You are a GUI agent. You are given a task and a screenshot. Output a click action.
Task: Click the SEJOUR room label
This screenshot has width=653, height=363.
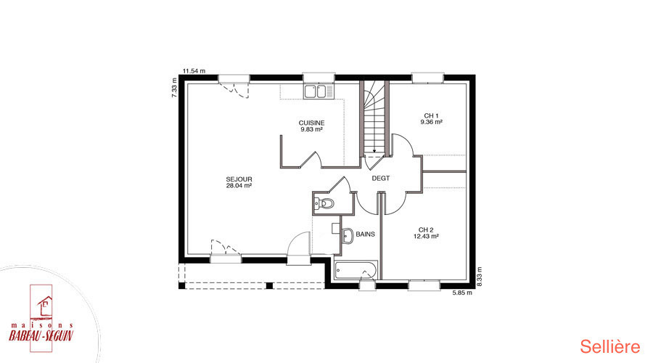coord(239,179)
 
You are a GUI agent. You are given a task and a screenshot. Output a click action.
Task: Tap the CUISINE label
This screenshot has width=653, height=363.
coord(311,123)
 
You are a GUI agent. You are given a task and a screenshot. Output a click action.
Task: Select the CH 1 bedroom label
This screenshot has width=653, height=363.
coord(432,116)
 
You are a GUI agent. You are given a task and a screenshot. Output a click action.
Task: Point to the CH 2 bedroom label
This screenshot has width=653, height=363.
coord(426,229)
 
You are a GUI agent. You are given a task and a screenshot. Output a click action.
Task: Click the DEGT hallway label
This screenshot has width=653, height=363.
coord(381,178)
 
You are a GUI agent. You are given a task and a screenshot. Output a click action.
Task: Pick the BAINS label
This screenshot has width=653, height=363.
coord(365,234)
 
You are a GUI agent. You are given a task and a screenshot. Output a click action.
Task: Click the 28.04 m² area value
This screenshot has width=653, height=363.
coord(239,186)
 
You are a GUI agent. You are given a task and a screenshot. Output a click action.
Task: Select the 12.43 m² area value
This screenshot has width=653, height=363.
coord(426,236)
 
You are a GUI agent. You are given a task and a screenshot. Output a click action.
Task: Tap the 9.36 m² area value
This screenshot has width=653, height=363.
coord(432,122)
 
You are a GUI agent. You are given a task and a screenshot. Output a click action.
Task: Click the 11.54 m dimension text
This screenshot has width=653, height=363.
coord(194,71)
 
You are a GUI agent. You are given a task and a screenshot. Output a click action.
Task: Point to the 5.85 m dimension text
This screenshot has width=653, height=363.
coord(462,293)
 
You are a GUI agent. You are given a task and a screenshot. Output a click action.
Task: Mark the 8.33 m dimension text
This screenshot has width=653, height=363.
coord(479,277)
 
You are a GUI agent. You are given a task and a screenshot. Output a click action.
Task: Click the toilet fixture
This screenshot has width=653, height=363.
coord(324,204)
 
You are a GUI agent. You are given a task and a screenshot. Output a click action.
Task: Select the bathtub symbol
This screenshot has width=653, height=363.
coord(356,270)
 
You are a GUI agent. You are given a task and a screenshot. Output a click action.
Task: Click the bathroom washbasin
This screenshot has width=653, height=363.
coord(348,235)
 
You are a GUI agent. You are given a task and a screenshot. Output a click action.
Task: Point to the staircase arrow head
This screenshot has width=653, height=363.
coord(374,151)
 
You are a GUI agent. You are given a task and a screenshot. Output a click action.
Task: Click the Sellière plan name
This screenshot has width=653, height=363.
coord(610,347)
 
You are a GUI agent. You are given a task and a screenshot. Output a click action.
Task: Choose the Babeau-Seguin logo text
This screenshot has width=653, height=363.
coord(41,336)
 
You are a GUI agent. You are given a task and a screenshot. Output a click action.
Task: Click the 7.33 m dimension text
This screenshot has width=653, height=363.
coord(174,88)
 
